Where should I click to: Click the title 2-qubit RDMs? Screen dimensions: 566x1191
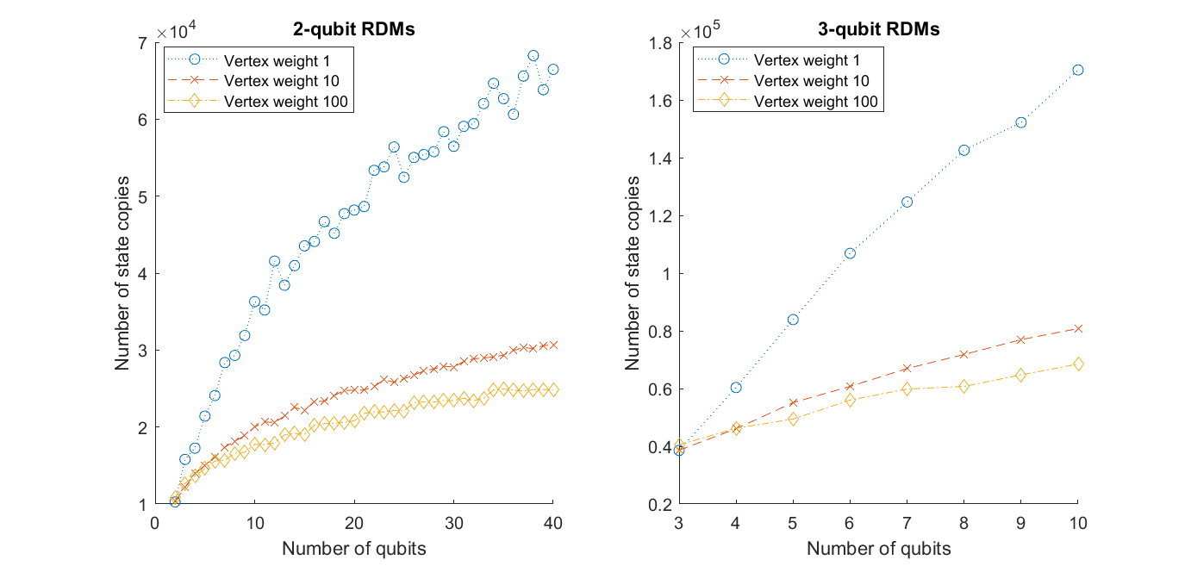[x=353, y=28]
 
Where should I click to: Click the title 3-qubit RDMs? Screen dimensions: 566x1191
[x=879, y=28]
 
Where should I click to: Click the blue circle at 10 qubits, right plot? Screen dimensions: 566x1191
[x=1077, y=70]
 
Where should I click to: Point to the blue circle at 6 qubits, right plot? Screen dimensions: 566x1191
[x=850, y=253]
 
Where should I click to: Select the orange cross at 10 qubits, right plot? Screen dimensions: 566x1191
[x=1077, y=328]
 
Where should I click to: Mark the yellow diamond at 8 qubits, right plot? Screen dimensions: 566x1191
[x=963, y=386]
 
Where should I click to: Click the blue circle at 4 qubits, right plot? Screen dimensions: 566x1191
[x=736, y=388]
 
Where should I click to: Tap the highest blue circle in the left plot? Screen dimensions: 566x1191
[x=533, y=55]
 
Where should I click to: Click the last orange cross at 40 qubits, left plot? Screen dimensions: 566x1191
[x=553, y=345]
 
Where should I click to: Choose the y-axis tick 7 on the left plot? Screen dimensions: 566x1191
[x=142, y=42]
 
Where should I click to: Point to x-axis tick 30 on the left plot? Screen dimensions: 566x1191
[x=453, y=521]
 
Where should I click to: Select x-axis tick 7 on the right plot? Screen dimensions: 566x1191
[x=907, y=521]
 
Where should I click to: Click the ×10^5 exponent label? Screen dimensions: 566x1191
[x=699, y=32]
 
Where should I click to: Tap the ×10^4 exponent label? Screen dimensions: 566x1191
[x=176, y=32]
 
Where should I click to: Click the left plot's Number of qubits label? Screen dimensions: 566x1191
[x=353, y=548]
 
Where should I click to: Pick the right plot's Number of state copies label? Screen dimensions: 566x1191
[x=634, y=273]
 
